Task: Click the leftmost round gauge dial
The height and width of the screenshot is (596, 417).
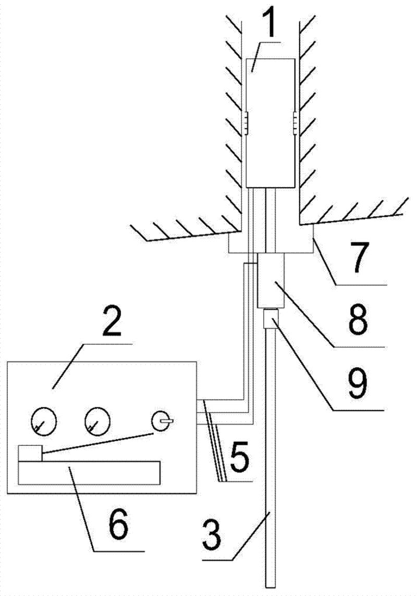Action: [43, 420]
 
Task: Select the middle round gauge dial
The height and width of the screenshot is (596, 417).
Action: [97, 420]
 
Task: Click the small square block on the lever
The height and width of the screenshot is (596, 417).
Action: [30, 452]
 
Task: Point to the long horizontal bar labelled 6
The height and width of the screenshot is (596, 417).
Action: [89, 472]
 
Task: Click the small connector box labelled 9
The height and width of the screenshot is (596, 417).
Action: [271, 319]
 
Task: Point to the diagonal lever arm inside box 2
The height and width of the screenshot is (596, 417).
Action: [99, 443]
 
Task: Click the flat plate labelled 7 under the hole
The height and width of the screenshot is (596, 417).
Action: [271, 244]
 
